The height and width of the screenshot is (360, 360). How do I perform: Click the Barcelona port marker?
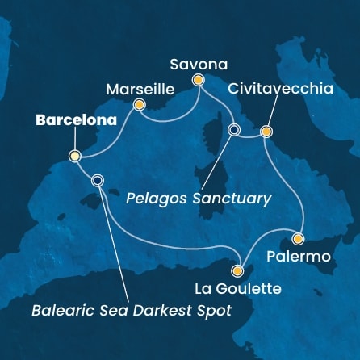pos(75,157)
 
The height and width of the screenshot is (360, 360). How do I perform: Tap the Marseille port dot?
pos(139,104)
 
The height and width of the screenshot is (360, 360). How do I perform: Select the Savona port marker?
pos(198,79)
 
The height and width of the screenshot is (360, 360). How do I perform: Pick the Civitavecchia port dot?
pos(266,131)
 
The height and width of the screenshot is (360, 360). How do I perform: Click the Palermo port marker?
pos(298,239)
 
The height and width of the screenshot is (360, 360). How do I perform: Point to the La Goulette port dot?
pos(237,271)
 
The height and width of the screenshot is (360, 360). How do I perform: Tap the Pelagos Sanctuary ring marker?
pos(235,130)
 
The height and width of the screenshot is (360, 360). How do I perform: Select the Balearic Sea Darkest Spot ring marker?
pos(98,181)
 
